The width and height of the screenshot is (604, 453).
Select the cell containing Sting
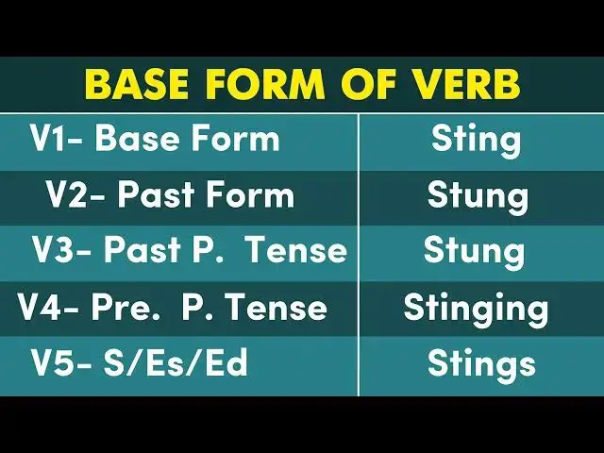point(476,140)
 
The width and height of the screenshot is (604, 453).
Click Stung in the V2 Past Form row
point(477,195)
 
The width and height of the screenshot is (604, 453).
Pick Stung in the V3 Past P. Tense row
point(474,251)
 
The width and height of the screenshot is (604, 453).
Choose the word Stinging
point(476,308)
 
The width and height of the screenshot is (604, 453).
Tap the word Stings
point(481,363)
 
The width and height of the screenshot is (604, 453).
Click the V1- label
point(58,140)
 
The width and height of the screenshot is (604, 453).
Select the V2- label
point(75,195)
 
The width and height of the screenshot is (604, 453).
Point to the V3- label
point(62,251)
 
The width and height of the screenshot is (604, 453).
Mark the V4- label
point(47,308)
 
